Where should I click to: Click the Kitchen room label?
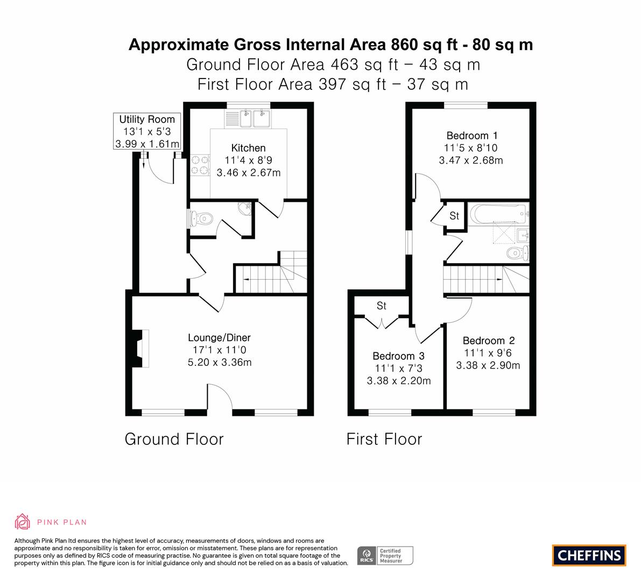248,148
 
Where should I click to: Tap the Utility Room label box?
147,132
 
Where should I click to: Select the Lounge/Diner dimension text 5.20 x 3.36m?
220,363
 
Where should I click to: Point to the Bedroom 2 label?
489,341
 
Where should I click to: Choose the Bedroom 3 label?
399,356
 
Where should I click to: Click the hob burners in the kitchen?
200,165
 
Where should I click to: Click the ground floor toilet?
200,219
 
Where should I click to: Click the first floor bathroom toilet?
518,253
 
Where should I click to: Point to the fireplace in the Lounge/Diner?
140,349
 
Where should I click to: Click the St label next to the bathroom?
455,215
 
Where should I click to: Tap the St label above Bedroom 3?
382,306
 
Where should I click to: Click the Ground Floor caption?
174,439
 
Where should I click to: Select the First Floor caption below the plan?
384,439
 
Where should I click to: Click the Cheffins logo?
589,555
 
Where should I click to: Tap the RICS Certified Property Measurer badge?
385,556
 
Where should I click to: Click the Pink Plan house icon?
23,522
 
